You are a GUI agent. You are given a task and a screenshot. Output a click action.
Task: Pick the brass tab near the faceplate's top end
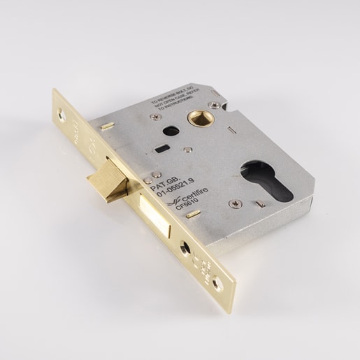coord(106,126)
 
